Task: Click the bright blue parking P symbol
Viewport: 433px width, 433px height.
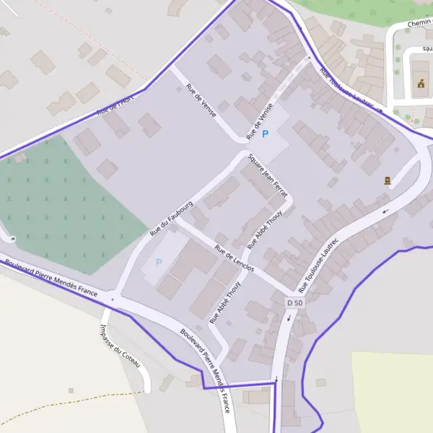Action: pyautogui.click(x=265, y=134)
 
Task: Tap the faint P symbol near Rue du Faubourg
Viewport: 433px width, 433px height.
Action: pyautogui.click(x=159, y=262)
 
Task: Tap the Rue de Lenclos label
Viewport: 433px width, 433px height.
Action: pyautogui.click(x=235, y=258)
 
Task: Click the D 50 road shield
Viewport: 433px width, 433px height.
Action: pyautogui.click(x=294, y=303)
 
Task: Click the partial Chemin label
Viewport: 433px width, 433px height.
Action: pyautogui.click(x=419, y=23)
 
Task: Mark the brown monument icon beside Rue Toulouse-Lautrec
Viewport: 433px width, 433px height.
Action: pyautogui.click(x=388, y=180)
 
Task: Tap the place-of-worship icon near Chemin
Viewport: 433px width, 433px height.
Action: pyautogui.click(x=421, y=84)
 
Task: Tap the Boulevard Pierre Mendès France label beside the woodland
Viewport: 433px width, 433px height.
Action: pyautogui.click(x=51, y=279)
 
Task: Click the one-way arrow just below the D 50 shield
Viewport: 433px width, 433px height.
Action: pyautogui.click(x=289, y=318)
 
